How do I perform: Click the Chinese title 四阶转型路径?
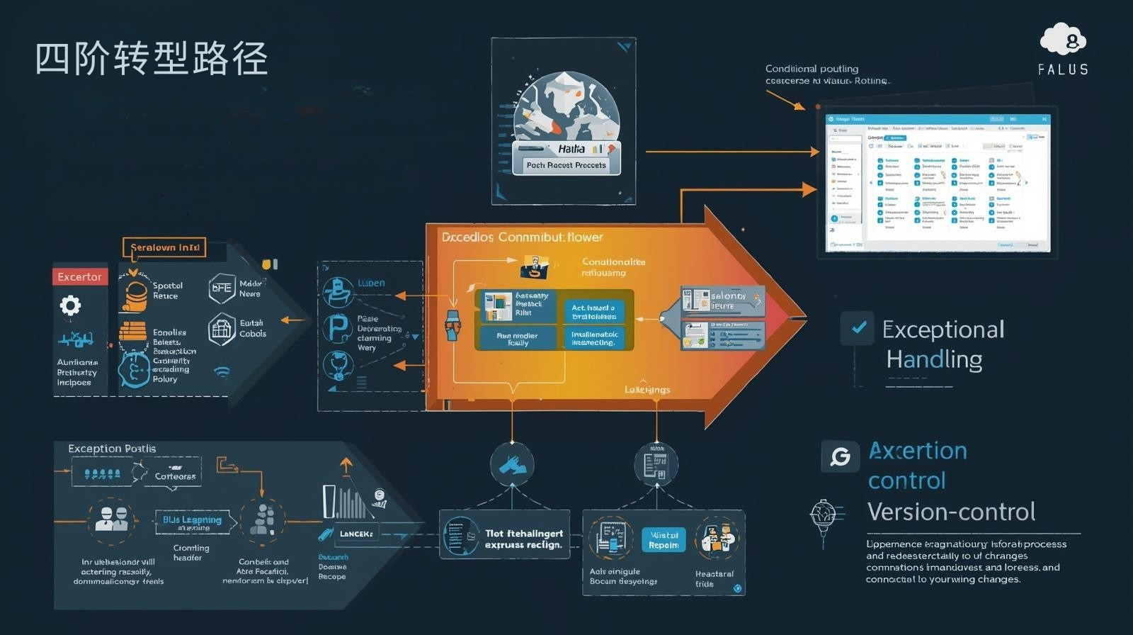(x=152, y=58)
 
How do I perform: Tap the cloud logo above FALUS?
(x=1063, y=40)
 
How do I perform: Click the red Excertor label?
(x=79, y=276)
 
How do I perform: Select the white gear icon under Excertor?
(x=69, y=305)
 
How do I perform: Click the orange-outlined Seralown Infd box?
(x=165, y=247)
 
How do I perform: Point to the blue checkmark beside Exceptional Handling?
(x=858, y=327)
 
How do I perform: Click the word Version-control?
(x=951, y=512)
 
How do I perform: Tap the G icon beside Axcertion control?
(x=840, y=456)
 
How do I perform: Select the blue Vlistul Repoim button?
(x=664, y=540)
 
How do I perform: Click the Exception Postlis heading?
(x=112, y=449)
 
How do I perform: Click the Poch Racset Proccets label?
(x=566, y=165)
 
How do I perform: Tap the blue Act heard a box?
(x=593, y=312)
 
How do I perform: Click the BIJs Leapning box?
(x=192, y=521)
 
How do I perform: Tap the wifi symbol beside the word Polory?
(x=222, y=371)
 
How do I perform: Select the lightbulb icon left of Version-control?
(x=823, y=514)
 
